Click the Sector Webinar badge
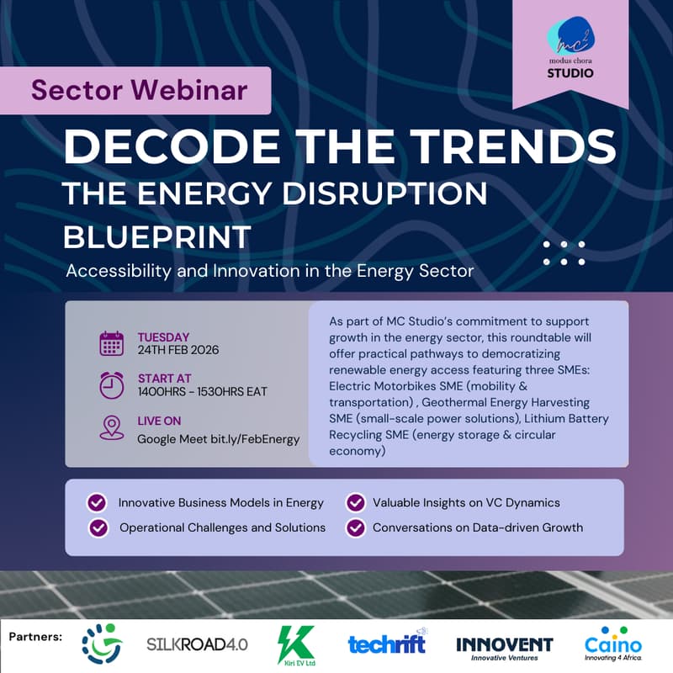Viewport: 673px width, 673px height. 140,90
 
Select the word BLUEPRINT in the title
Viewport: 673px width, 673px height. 157,236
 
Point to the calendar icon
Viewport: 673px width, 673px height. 112,343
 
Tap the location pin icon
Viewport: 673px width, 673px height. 112,427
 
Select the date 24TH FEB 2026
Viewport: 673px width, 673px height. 178,350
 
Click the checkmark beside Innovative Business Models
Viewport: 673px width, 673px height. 97,503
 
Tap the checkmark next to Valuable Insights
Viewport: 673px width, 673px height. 355,503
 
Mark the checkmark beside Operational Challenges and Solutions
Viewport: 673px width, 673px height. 98,528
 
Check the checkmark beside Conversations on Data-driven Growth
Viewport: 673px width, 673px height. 355,528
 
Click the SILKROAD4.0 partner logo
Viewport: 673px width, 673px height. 197,644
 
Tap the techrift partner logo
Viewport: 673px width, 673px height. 388,644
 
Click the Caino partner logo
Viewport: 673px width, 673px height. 612,645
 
